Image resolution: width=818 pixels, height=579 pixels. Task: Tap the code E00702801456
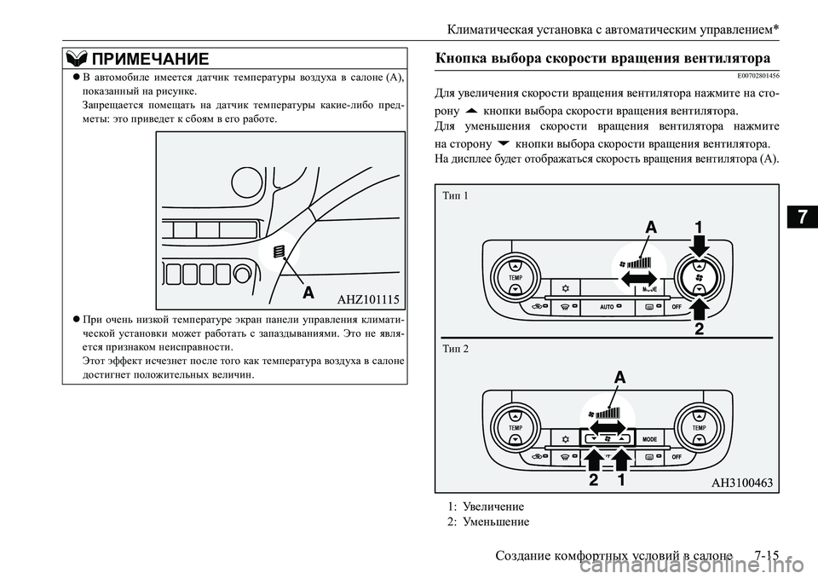[751, 76]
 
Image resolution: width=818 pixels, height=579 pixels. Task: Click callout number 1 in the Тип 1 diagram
[698, 229]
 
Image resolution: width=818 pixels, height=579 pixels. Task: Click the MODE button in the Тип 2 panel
[652, 438]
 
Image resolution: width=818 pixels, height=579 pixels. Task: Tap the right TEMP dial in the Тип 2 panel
[699, 426]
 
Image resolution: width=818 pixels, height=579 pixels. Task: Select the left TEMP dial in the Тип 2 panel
[515, 426]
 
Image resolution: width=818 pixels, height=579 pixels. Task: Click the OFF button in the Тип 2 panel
[677, 457]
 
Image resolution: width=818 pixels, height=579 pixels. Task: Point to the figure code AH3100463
[741, 483]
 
